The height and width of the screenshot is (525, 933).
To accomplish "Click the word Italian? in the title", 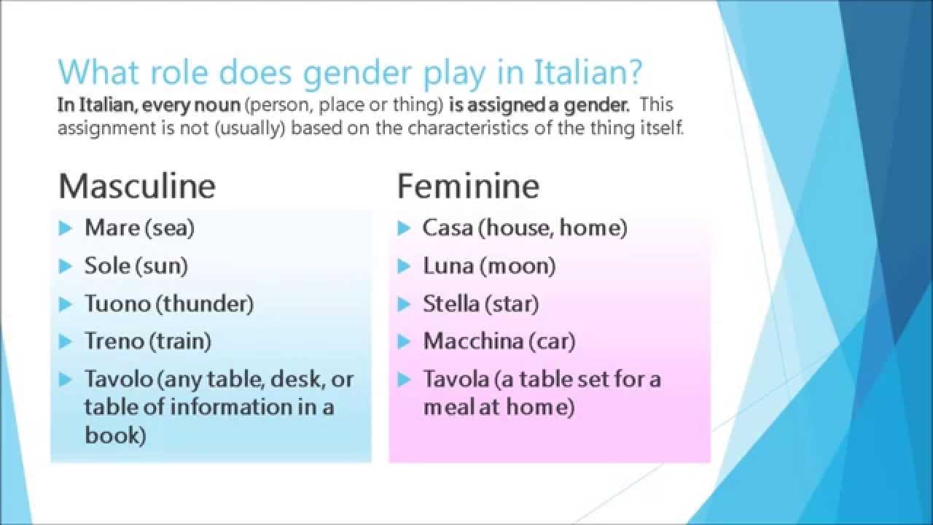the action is pos(587,72).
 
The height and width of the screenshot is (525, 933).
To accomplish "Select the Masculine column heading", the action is pos(137,186).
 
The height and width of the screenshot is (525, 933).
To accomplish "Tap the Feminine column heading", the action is pos(468,186).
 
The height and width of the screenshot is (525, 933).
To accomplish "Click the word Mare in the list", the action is pos(112,228).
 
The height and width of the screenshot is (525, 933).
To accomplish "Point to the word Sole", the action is pos(107,266).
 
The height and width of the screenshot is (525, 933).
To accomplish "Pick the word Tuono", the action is pos(117,304).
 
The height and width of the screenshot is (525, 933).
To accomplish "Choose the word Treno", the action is pos(114,341).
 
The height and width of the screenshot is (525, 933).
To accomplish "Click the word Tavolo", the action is pos(119,379).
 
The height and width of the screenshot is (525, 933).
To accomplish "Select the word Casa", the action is pos(448,228).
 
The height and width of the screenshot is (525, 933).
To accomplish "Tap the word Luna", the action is pos(448,266).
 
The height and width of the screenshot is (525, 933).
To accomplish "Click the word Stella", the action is pos(451,304).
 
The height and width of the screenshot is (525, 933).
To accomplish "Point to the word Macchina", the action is pos(473,341).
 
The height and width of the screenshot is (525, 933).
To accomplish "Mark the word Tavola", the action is pos(456,379).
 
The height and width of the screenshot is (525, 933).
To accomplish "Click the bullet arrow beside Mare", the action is pos(66,228).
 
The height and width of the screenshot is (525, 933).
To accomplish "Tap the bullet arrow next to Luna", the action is pos(404,266).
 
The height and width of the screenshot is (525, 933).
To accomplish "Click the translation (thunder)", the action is pos(205,304).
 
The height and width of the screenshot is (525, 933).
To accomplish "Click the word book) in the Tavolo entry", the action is pos(115,435).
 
